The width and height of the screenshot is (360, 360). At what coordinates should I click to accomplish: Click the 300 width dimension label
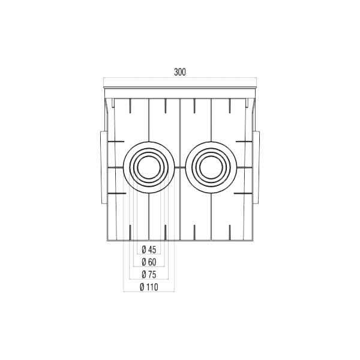click(x=180, y=72)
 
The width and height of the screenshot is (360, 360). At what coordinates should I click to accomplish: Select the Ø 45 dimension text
click(x=149, y=250)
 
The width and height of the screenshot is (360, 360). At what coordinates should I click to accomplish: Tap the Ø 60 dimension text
click(x=149, y=262)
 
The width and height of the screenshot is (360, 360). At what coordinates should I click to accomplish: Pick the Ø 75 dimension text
click(x=149, y=274)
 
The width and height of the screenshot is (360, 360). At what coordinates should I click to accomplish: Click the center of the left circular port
click(x=149, y=167)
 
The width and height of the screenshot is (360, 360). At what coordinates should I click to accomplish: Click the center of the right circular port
click(x=211, y=167)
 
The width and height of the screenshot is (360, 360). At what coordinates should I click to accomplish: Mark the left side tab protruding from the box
click(x=100, y=164)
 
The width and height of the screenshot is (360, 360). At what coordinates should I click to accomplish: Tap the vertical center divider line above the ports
click(x=180, y=120)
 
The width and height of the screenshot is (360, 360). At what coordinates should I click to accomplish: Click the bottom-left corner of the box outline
click(x=107, y=240)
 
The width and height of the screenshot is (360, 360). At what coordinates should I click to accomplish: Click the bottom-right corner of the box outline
click(x=253, y=240)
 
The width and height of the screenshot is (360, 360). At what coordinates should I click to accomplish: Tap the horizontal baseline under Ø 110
click(x=148, y=292)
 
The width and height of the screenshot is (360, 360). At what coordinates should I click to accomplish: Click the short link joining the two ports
click(x=180, y=167)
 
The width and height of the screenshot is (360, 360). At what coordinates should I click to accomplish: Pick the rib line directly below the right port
click(x=211, y=216)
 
